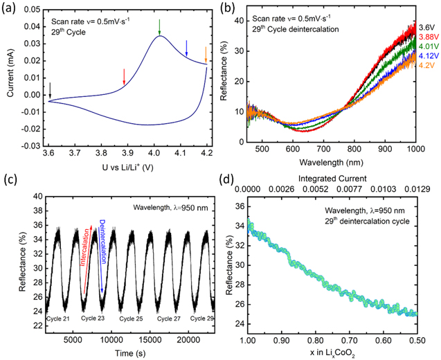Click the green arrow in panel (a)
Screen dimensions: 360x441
[159, 27]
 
